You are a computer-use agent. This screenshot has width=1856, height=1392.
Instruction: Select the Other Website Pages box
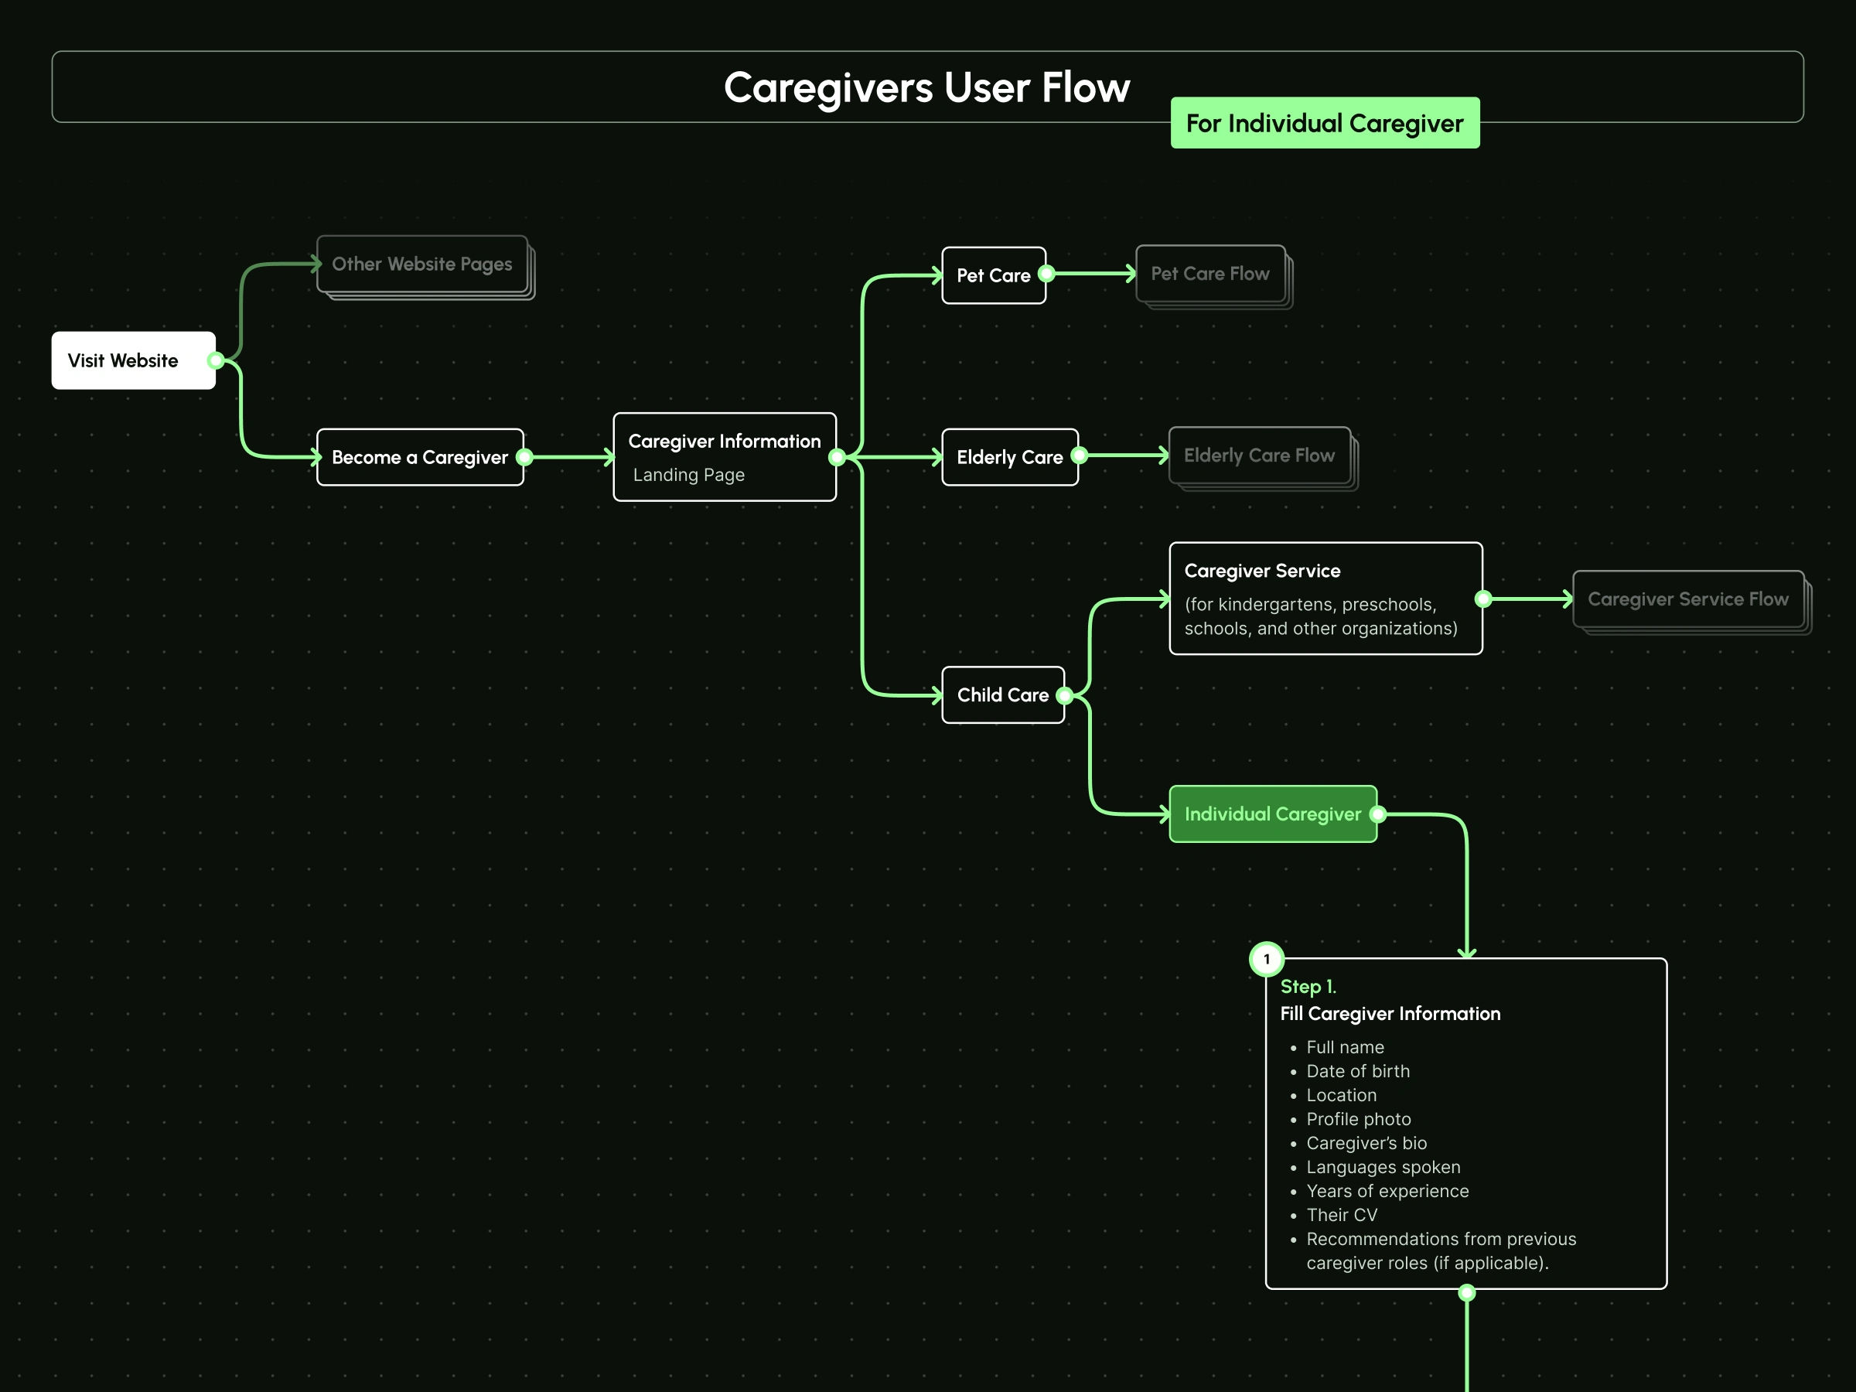[x=422, y=264]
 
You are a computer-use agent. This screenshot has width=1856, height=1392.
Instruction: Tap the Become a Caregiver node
[x=419, y=457]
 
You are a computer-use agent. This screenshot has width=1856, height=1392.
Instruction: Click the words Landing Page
[x=689, y=475]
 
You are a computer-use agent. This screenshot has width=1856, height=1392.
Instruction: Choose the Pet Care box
[x=994, y=275]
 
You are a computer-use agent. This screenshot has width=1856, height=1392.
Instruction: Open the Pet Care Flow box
[x=1210, y=274]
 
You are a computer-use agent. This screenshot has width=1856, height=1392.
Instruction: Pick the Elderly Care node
[x=1009, y=457]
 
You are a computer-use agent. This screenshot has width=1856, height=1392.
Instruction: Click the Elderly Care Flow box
[x=1258, y=455]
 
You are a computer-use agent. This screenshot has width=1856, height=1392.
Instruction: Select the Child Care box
[x=1003, y=694]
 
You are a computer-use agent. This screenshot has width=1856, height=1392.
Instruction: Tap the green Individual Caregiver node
[x=1272, y=814]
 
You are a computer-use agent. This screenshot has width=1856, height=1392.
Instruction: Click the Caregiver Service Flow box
[x=1687, y=599]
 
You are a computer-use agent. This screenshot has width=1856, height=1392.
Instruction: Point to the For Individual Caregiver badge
[x=1324, y=123]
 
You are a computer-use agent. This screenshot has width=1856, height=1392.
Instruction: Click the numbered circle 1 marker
[x=1266, y=959]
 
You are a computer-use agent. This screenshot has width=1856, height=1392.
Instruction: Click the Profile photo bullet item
[x=1359, y=1119]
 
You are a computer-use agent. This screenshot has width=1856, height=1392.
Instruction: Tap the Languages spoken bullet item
[x=1383, y=1167]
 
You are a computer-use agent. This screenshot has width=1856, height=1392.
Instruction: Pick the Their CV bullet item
[x=1342, y=1215]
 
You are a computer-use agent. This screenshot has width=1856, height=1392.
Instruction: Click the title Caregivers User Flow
[x=926, y=87]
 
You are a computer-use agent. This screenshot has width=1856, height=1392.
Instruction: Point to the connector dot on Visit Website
[x=216, y=361]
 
